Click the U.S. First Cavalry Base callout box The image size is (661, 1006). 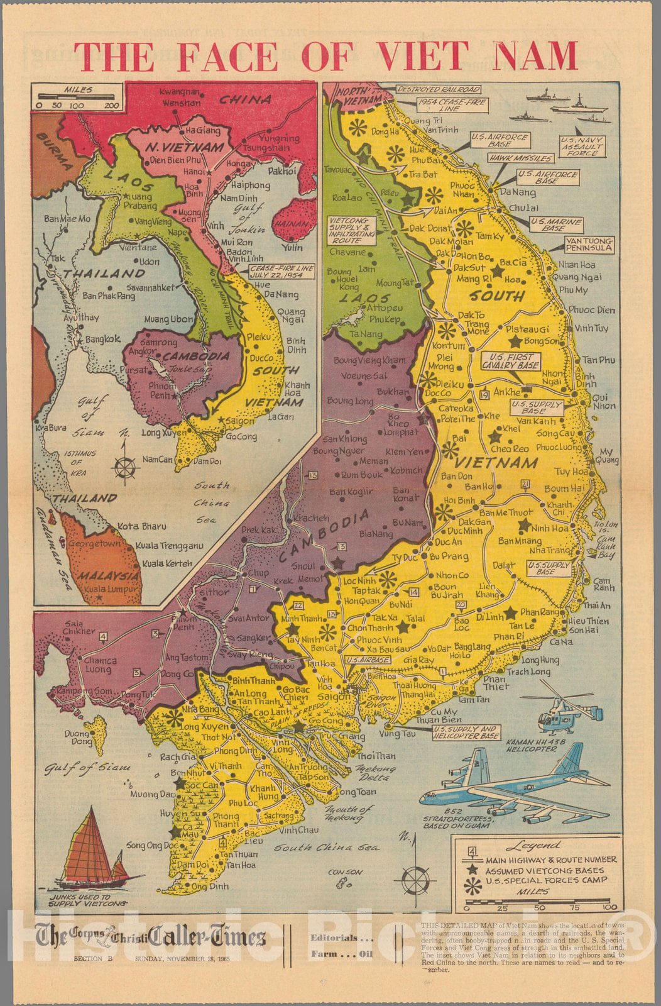[x=510, y=361]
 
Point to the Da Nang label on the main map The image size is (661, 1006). [x=519, y=192]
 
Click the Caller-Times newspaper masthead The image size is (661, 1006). [x=151, y=938]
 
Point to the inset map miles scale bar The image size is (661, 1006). [x=78, y=97]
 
